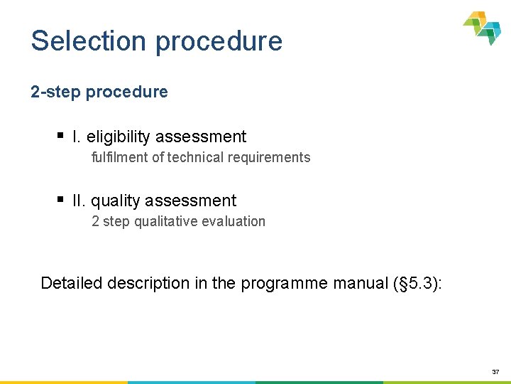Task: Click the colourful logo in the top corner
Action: pyautogui.click(x=483, y=28)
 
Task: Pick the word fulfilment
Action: pyautogui.click(x=119, y=157)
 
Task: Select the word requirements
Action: pyautogui.click(x=267, y=157)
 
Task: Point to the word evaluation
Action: pyautogui.click(x=233, y=221)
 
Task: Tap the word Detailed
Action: pyautogui.click(x=71, y=283)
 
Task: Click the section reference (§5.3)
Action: pyautogui.click(x=417, y=283)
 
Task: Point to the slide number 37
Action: pyautogui.click(x=495, y=371)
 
